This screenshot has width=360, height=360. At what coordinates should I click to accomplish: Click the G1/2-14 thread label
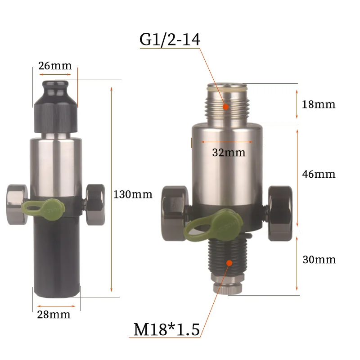[x=170, y=40]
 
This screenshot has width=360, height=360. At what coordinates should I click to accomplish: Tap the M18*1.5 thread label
[x=166, y=329]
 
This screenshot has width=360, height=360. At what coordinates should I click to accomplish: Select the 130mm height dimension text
[x=133, y=194]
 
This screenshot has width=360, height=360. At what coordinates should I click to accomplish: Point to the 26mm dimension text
[x=55, y=66]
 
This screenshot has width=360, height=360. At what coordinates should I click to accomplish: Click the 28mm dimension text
[x=54, y=315]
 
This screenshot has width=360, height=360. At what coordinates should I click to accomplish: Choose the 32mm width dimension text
[x=229, y=153]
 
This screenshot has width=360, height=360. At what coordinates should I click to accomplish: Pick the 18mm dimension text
[x=319, y=104]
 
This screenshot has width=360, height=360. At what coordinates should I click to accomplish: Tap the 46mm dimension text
[x=319, y=174]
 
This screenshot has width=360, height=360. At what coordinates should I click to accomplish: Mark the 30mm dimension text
[x=319, y=260]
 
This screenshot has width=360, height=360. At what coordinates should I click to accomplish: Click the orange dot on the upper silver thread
[x=226, y=107]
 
